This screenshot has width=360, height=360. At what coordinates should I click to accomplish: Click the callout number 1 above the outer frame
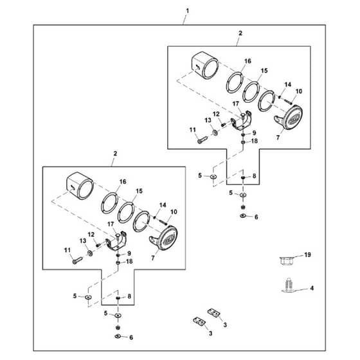coord(188,11)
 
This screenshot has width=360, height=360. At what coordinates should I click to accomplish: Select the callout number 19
coord(307,255)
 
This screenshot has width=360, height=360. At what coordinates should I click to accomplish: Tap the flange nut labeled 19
coord(287,261)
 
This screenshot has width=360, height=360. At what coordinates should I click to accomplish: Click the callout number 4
coord(312,288)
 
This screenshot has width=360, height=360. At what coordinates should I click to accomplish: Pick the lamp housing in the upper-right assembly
coord(205,66)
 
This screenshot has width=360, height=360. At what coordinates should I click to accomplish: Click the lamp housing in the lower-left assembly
coord(80,186)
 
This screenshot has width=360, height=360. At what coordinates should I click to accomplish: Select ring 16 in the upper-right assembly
coord(235,83)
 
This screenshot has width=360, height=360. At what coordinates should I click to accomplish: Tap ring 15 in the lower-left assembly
coord(126,212)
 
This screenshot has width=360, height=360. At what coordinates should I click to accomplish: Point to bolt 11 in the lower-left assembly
coord(77,260)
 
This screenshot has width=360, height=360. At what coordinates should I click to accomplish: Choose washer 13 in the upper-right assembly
coord(215,132)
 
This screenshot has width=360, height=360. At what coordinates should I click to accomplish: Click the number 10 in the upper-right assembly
coord(299,91)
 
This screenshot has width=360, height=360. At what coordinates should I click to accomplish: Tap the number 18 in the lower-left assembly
coord(129,262)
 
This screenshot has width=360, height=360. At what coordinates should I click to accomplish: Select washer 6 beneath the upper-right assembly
coord(243,216)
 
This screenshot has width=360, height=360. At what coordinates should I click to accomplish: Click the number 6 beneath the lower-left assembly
coord(131,337)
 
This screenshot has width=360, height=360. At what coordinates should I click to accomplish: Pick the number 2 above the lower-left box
coord(115,154)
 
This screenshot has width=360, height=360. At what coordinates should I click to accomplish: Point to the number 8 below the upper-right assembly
coord(254,176)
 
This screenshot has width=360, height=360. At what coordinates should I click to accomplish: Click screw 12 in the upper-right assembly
coord(222,125)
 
